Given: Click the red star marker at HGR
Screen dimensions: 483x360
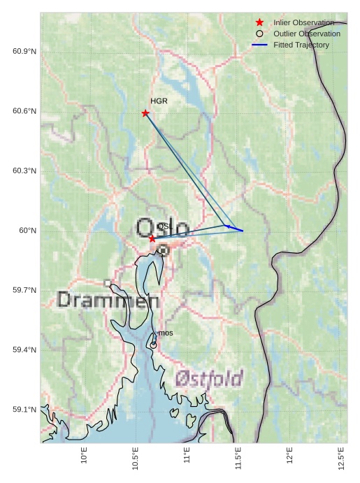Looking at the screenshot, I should (x=145, y=113).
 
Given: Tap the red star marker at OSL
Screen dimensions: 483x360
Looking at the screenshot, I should (x=152, y=238).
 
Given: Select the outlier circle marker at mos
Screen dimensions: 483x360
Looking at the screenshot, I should (x=153, y=345).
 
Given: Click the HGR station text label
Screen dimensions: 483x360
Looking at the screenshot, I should (x=159, y=101).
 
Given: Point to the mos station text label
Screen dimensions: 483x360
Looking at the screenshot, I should (x=166, y=333).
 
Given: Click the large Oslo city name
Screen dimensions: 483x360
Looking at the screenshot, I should (x=162, y=229).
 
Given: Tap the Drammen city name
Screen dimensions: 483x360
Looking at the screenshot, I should (x=108, y=301).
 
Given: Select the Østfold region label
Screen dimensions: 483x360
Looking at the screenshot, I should (x=209, y=379).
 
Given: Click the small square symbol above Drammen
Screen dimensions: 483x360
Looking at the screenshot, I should (x=108, y=283).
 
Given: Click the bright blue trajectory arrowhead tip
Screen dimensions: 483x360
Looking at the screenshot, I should (x=226, y=226).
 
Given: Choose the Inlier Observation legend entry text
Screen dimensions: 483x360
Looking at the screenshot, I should (x=303, y=23).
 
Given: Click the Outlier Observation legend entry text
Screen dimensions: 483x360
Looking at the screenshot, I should (x=307, y=34).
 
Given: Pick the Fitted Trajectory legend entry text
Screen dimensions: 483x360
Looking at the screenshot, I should (x=301, y=45).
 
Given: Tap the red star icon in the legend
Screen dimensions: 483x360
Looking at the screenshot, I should (x=259, y=23).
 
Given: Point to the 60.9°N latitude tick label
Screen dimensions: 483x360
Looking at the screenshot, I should (x=24, y=52).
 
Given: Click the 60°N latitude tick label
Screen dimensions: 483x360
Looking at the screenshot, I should (x=27, y=231).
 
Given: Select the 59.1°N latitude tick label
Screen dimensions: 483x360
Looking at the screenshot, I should (x=24, y=410).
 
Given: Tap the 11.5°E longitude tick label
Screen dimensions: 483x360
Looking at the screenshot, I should (x=238, y=457).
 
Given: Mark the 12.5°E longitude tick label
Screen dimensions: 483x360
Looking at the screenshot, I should (x=341, y=457).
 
